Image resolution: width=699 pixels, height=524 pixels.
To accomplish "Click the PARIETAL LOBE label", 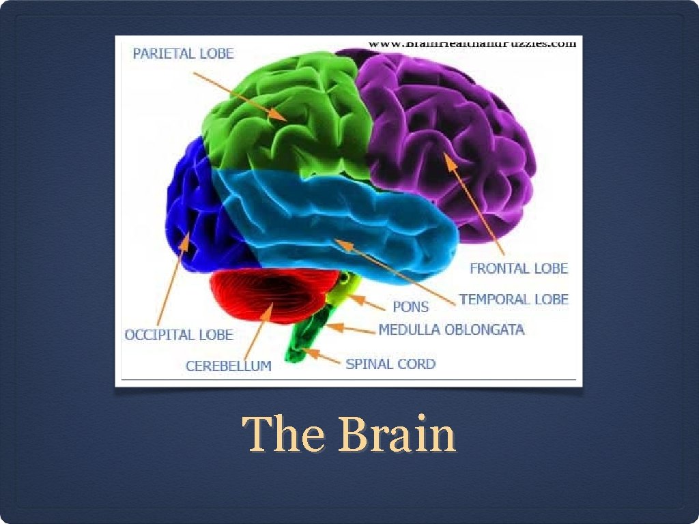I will tap(183, 53).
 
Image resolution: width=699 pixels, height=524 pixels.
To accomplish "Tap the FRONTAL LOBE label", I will tap(518, 268).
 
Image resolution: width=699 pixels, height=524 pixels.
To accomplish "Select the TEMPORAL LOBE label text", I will tap(513, 299).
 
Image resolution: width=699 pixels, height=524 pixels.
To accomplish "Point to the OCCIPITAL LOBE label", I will tap(178, 334).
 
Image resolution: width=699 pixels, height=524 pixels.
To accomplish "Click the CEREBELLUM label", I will tap(228, 366).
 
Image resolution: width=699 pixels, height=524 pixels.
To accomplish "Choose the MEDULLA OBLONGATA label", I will tap(451, 330).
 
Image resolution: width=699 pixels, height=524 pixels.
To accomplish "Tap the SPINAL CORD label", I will tap(390, 364).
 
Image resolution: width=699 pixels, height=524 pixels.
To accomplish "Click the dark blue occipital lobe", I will tap(195, 205).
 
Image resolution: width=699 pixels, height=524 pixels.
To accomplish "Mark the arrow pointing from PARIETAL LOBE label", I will tap(239, 95).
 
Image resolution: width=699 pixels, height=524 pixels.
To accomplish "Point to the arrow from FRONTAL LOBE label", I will tap(474, 205).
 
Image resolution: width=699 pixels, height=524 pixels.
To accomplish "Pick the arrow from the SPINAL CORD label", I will tap(322, 356).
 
